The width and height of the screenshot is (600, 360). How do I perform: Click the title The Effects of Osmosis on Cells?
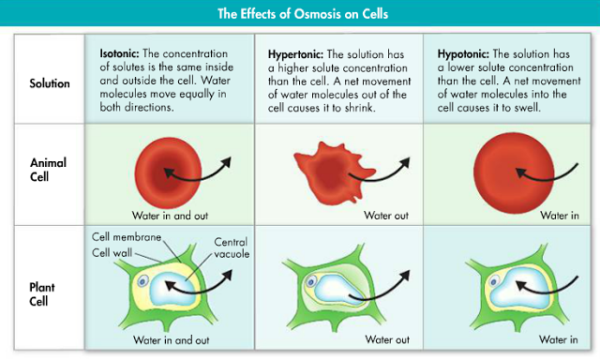[303, 14]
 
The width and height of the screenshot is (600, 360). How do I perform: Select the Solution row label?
[50, 83]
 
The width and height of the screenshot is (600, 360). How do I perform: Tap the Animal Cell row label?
[48, 170]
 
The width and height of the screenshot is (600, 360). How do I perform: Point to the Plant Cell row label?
[42, 294]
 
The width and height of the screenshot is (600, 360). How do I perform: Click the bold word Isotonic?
[119, 53]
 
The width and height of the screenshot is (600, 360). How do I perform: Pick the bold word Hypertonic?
[296, 54]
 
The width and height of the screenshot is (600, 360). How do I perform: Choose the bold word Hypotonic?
[463, 54]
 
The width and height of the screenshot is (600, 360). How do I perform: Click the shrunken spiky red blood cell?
[332, 172]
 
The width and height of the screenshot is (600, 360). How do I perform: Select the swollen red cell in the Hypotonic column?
[514, 172]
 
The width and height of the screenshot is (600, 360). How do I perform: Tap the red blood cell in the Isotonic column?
[168, 172]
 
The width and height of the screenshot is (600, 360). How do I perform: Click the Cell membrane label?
[127, 237]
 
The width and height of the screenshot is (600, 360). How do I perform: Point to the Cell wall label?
[112, 253]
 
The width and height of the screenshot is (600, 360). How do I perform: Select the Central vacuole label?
[232, 247]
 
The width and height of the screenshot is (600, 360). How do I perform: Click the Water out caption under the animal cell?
[386, 216]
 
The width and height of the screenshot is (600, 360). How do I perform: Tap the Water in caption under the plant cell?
[559, 339]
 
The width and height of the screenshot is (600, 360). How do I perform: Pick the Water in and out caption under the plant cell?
[171, 339]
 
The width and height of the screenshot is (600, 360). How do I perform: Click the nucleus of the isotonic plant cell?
[143, 282]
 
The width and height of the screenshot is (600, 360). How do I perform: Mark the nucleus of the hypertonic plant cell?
[311, 282]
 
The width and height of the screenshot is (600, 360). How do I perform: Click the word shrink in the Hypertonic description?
[358, 108]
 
